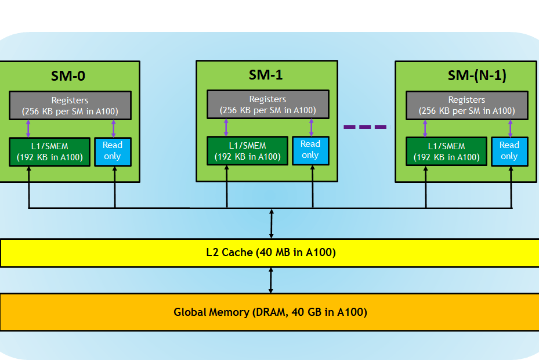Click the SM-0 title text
68,75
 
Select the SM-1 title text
266,75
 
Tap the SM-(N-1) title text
477,75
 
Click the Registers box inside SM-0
70,105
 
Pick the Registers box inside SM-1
268,105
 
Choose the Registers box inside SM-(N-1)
467,105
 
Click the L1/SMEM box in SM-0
50,152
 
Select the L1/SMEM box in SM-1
248,151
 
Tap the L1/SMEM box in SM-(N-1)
447,152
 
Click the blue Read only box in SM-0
113,152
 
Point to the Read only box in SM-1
311,151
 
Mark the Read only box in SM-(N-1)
509,152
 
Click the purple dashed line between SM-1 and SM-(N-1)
367,127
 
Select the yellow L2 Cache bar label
271,252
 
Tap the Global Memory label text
270,312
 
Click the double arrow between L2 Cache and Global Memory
271,280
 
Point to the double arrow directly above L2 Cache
271,224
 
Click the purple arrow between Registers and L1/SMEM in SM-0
28,129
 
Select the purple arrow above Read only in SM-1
311,128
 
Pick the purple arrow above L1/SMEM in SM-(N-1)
425,129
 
